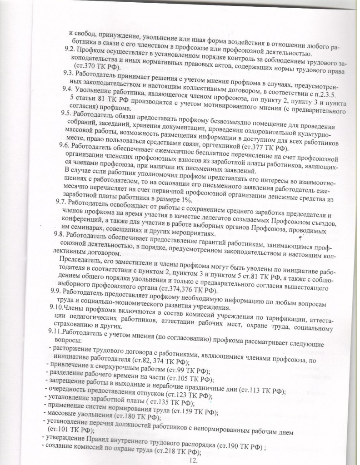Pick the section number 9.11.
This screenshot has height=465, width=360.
[56, 333]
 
